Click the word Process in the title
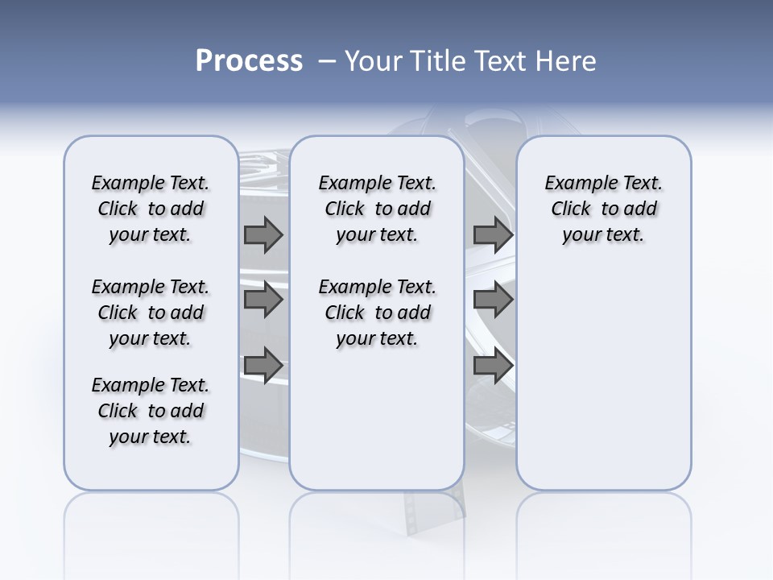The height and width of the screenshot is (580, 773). [x=249, y=61]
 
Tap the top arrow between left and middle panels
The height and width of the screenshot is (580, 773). [x=263, y=234]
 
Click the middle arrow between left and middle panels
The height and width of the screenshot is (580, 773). [x=263, y=300]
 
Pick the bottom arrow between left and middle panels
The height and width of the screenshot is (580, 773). [x=263, y=365]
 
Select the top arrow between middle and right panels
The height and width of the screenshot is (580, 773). [x=493, y=234]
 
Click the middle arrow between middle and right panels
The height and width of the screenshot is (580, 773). [x=493, y=300]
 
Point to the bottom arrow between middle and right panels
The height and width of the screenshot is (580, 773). [x=493, y=365]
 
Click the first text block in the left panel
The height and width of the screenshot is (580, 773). [x=151, y=209]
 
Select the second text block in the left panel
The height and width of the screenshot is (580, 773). [x=151, y=313]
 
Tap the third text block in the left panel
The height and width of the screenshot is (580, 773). [x=151, y=411]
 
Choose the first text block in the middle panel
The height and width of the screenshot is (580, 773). [x=377, y=209]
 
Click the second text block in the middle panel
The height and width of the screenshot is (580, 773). [x=377, y=313]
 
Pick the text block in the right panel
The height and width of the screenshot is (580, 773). [x=603, y=209]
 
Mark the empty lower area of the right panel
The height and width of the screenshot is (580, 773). [x=603, y=379]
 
